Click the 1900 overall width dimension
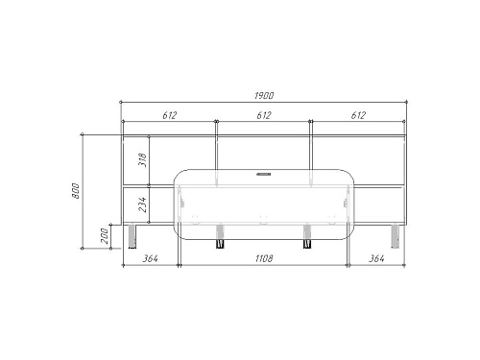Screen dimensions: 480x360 coord(264,95)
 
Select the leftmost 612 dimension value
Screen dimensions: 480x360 coord(169,115)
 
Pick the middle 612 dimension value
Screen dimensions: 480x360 coord(264,115)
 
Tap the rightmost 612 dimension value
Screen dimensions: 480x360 coord(358,115)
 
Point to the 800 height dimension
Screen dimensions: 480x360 coord(75,191)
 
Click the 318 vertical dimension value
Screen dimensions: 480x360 coord(142,159)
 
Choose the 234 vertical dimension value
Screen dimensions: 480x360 coord(142,204)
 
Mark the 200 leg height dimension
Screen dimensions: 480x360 coord(105,236)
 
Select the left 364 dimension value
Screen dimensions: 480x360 coord(150,258)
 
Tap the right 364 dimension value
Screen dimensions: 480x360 coord(376,258)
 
